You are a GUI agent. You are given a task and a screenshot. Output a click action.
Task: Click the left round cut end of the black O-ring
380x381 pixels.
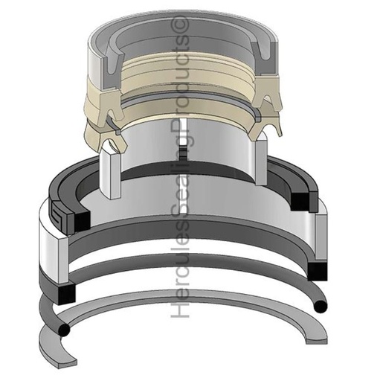[x=63, y=330]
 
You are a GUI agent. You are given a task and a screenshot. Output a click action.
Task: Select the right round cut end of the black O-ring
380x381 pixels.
[x=321, y=307]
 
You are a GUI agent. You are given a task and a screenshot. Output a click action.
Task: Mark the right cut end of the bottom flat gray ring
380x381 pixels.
[x=317, y=338]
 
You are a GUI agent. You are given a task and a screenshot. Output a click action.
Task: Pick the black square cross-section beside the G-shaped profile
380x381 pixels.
[x=80, y=220]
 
